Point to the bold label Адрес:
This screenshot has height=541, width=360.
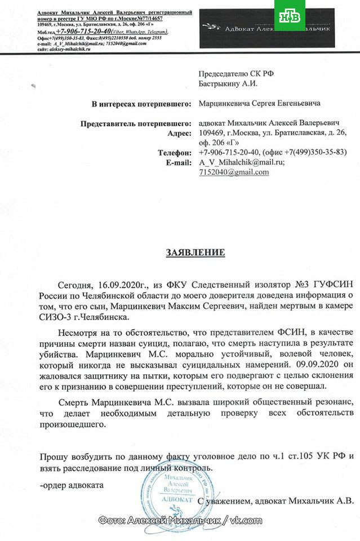pos(181,133)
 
